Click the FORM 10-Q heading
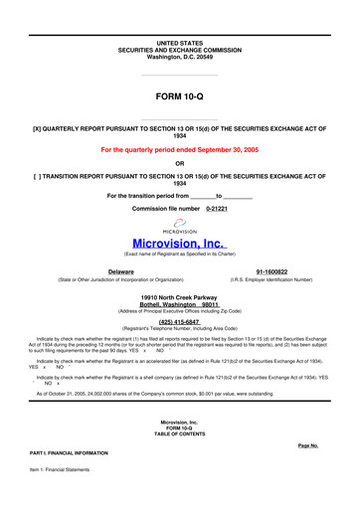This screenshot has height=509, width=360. [179, 97]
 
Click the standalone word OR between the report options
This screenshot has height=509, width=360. [179, 164]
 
